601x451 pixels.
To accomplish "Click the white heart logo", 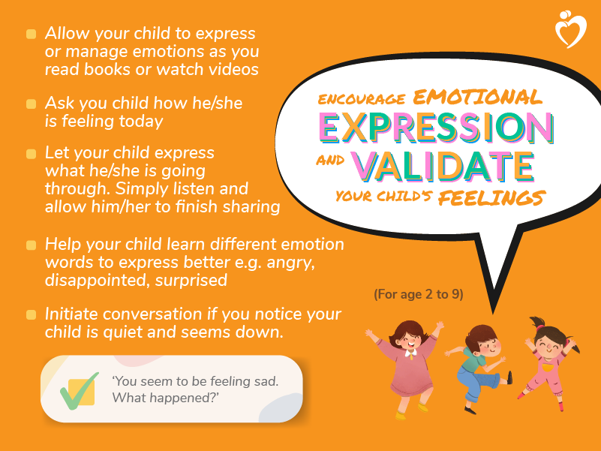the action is point(571,29).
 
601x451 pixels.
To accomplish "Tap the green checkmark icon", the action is point(80,391).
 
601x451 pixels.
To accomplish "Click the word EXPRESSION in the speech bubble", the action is point(437,128).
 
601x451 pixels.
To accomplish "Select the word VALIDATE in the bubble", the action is point(443,167).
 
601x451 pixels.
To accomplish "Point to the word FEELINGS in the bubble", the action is point(491,197).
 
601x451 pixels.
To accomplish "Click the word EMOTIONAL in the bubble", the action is point(478,97).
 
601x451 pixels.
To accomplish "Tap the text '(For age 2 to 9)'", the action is point(419,294).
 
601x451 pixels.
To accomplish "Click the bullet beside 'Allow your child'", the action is point(31,34).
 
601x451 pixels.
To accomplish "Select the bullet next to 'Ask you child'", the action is point(31,104).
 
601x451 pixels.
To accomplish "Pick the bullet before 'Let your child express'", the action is point(31,154).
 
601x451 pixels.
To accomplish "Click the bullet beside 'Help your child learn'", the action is point(31,245).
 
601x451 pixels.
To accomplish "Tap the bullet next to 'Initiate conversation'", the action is point(31,315).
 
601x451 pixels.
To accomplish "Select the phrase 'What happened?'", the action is point(165,398).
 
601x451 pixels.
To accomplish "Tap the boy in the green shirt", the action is point(479,369).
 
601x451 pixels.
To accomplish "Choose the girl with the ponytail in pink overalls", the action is point(548,363).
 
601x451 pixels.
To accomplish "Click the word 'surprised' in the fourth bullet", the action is point(191,281).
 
